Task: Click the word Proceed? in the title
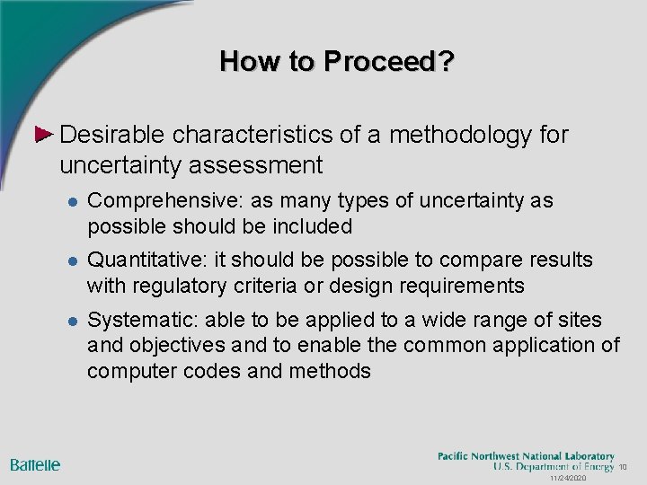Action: tap(389, 62)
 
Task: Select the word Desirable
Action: tap(112, 135)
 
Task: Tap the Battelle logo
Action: tap(36, 464)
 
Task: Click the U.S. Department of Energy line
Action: tap(553, 467)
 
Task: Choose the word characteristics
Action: tap(254, 135)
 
